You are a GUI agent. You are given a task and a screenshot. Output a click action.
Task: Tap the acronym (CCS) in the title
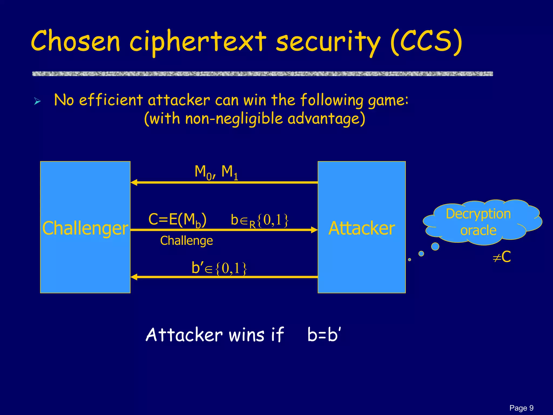pyautogui.click(x=426, y=42)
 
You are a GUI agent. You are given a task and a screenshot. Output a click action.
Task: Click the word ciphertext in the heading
pyautogui.click(x=198, y=42)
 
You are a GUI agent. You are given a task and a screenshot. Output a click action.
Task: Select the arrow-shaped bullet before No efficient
pyautogui.click(x=38, y=102)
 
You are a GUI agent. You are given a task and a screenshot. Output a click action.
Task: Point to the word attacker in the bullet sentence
pyautogui.click(x=178, y=100)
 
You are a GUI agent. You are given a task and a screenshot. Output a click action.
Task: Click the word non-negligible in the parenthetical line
pyautogui.click(x=234, y=119)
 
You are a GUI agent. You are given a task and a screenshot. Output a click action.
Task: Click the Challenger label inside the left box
pyautogui.click(x=85, y=228)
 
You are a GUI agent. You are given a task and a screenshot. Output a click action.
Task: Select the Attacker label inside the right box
pyautogui.click(x=362, y=228)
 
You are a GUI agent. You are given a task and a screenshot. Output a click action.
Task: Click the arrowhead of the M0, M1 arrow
pyautogui.click(x=134, y=183)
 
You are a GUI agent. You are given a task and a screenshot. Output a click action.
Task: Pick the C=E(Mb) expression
pyautogui.click(x=177, y=220)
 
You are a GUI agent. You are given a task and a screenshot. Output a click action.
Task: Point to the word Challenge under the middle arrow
pyautogui.click(x=186, y=240)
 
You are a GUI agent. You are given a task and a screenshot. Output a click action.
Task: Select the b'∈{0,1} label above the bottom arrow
pyautogui.click(x=219, y=268)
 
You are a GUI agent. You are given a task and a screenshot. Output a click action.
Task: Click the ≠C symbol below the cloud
pyautogui.click(x=502, y=257)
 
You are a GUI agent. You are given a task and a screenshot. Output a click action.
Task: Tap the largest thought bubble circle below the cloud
pyautogui.click(x=435, y=246)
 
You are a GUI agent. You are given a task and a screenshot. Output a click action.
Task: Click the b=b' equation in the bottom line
pyautogui.click(x=324, y=335)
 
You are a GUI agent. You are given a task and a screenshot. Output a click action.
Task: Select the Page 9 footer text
pyautogui.click(x=521, y=408)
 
